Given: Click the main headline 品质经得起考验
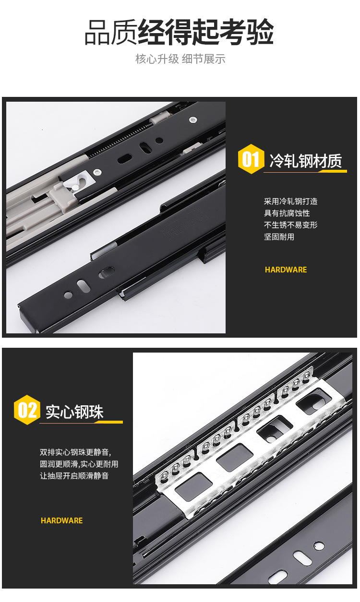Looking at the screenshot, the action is (180, 32).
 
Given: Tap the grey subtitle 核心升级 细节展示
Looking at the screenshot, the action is (180, 59).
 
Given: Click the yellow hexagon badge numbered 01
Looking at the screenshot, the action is (251, 159).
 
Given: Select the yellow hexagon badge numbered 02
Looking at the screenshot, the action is (27, 410).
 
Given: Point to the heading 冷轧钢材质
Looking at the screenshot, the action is (306, 161).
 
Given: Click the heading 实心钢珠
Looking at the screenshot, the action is (74, 412).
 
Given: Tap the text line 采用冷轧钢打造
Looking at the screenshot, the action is (290, 201).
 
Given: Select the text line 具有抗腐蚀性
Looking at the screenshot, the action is (287, 213).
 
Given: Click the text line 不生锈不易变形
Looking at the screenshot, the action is (290, 225).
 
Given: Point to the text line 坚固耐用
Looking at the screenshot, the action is (279, 237).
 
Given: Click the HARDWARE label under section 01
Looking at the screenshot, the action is (286, 270).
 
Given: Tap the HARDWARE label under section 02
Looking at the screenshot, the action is (61, 520).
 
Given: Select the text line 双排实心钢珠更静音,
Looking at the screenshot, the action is (75, 452).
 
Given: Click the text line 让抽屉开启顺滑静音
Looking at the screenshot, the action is (74, 476).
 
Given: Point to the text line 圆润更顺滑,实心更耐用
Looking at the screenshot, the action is (79, 464).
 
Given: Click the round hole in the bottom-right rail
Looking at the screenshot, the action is (319, 546).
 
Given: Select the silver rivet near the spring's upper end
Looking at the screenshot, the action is (192, 119).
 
